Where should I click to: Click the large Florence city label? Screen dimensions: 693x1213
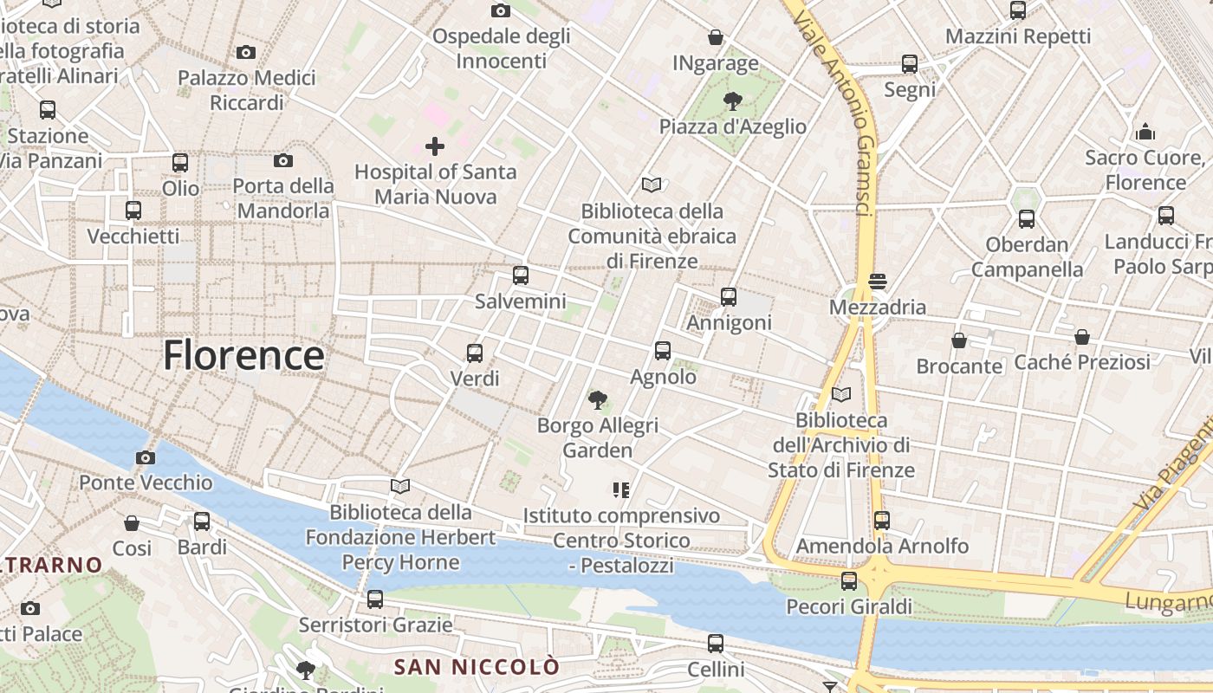point(243,355)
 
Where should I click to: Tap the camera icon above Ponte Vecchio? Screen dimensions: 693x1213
point(146,457)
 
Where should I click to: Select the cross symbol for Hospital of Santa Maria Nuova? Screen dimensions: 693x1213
point(435,146)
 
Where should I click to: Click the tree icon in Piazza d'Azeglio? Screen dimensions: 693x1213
point(732,100)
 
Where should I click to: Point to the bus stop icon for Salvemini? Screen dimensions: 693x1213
point(520,275)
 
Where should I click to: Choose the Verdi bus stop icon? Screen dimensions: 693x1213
point(475,353)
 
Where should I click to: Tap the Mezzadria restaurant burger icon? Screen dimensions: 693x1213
point(878,282)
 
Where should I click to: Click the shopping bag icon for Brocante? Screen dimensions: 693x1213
point(959,340)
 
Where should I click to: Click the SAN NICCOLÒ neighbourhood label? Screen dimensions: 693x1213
point(477,667)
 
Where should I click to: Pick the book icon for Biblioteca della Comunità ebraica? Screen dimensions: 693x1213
point(652,185)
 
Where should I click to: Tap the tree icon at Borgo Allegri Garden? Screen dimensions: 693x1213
point(597,399)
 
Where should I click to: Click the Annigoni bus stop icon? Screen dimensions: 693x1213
point(729,297)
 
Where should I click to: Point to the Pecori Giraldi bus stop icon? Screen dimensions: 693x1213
point(849,580)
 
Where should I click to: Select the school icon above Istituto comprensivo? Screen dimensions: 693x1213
point(620,490)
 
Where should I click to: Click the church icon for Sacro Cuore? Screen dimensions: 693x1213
point(1145,132)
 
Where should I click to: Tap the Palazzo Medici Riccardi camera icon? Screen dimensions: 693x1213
point(246,53)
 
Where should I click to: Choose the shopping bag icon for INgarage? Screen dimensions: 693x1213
point(716,37)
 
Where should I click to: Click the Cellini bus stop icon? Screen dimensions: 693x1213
point(716,644)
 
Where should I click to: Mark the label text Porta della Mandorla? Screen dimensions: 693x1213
point(283,198)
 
